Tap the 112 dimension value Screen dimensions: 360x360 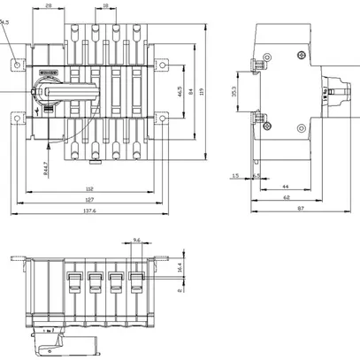pos(90,188)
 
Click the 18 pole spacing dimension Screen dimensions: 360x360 pos(106,5)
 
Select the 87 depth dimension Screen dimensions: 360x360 pos(301,210)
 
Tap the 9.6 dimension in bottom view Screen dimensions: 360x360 pos(135,240)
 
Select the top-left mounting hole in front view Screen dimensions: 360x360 pos(19,64)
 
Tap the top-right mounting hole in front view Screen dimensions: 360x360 pos(161,64)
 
